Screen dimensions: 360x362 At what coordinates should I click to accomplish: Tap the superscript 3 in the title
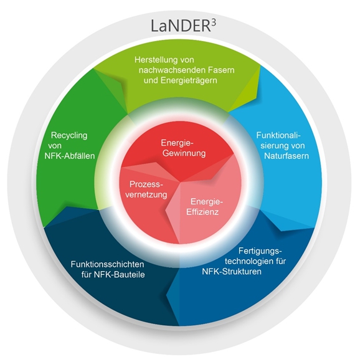214,23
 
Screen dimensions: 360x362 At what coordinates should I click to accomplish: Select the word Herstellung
156,60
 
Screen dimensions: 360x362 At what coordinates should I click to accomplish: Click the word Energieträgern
189,80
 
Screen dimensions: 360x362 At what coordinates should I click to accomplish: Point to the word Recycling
69,136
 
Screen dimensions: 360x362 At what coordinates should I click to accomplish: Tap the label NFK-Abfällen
70,156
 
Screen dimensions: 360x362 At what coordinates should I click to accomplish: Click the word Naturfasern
287,156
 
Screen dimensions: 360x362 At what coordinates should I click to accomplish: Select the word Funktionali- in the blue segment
278,135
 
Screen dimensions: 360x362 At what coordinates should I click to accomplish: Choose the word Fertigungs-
260,251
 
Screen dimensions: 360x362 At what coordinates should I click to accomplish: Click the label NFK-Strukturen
232,272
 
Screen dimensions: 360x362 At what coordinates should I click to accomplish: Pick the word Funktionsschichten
107,264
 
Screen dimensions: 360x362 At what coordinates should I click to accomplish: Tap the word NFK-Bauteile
120,275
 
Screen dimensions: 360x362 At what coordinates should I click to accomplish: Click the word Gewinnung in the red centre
184,153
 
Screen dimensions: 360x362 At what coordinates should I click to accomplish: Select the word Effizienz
202,212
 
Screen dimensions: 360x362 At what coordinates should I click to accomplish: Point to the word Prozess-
146,184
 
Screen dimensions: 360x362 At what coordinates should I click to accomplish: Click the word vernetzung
146,194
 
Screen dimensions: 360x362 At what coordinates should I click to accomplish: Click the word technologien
247,261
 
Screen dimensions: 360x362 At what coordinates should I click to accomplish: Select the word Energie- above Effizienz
207,202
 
